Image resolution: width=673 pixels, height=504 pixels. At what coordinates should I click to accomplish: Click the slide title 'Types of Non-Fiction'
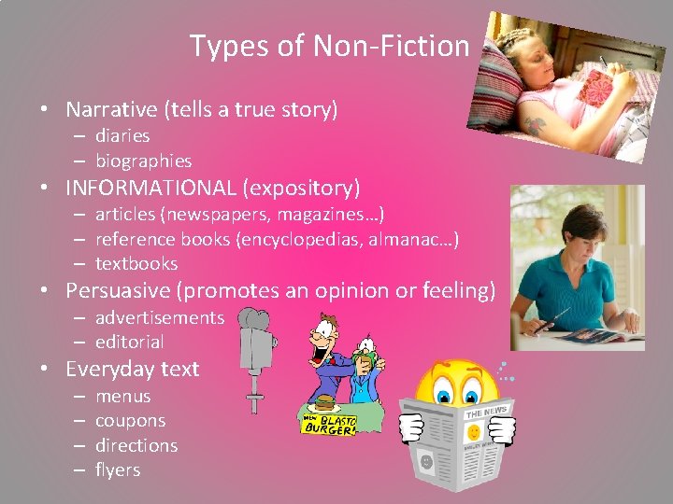tap(329, 45)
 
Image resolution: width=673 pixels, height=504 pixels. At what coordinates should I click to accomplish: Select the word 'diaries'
tap(122, 136)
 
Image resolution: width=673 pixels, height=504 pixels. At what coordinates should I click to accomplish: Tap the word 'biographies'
tap(143, 161)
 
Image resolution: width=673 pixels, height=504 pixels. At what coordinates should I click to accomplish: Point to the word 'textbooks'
tap(136, 263)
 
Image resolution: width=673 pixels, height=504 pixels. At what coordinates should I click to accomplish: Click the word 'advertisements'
tap(160, 317)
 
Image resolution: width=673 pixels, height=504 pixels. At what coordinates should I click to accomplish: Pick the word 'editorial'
tap(129, 342)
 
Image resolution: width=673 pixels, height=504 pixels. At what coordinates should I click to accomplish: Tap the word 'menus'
tap(122, 396)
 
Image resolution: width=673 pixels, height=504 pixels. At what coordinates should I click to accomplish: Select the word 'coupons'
tap(130, 421)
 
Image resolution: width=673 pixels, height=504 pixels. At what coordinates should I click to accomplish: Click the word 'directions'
tap(136, 445)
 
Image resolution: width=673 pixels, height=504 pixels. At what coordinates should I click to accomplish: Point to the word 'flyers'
tap(118, 469)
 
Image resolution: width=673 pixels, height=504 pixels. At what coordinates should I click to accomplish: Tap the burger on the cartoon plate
tap(324, 401)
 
